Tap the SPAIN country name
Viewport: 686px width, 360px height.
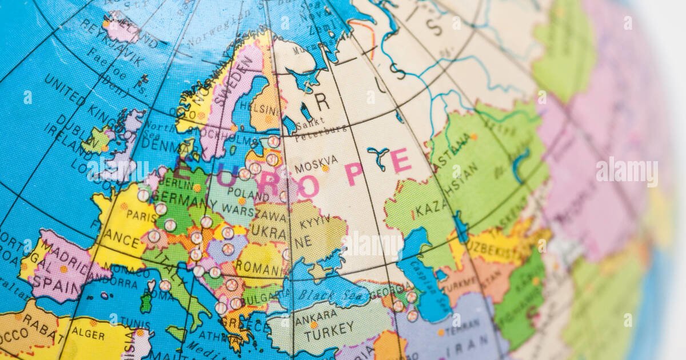click(x=58, y=280)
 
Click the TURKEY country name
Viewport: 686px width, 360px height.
click(x=329, y=330)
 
